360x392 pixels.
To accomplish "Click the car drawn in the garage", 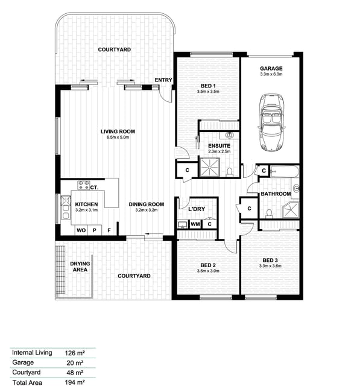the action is pos(271,122).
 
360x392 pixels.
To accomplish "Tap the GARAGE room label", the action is pos(271,69).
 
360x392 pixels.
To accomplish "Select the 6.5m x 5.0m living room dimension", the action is pos(118,138).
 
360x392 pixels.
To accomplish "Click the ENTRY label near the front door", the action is pos(163,80).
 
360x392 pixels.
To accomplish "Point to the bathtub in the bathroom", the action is pos(285,171).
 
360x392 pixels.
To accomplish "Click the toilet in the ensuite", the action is pos(229,171).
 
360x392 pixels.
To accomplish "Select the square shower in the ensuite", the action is pos(210,167).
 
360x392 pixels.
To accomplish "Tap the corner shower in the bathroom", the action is pos(291,209).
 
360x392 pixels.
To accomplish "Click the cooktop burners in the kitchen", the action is pos(83,185).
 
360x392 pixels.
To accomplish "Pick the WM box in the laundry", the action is pos(195,224).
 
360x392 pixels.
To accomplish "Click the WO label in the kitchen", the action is pos(81,230).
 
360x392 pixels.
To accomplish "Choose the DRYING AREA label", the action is pos(80,267).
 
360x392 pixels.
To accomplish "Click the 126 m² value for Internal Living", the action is pos(75,353).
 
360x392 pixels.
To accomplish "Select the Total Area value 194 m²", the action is pos(75,382).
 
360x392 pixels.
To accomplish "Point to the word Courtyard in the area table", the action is pos(27,372).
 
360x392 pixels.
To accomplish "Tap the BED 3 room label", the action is pos(270,261).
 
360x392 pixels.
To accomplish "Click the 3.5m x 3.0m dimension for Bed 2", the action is pos(208,271).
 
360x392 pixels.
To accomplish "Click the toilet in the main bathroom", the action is pos(269,213).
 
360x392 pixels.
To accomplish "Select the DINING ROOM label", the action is pos(147,204).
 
